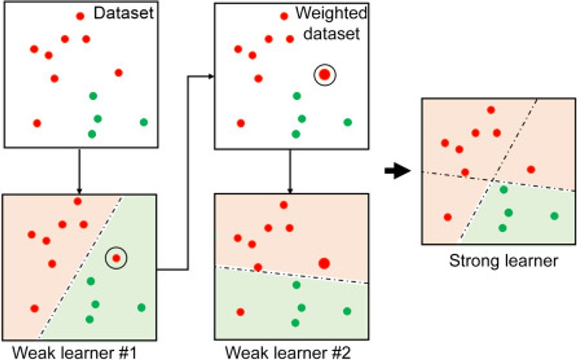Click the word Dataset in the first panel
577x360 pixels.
[x=124, y=13]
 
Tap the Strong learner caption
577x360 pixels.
[x=503, y=261]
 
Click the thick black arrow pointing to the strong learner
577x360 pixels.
[x=397, y=172]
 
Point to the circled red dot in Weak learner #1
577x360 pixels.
[x=116, y=258]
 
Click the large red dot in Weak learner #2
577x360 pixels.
[x=324, y=264]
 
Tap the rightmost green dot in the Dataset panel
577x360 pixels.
[x=144, y=122]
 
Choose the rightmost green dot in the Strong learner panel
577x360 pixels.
[x=554, y=216]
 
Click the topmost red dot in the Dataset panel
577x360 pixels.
[x=80, y=16]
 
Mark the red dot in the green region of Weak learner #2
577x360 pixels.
[x=240, y=312]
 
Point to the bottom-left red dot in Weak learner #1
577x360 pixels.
[x=34, y=308]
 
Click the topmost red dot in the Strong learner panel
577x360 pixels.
[x=490, y=110]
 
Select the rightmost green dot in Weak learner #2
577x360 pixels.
[x=347, y=311]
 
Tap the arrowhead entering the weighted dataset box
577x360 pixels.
[x=211, y=77]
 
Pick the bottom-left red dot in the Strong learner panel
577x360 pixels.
[x=447, y=217]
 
